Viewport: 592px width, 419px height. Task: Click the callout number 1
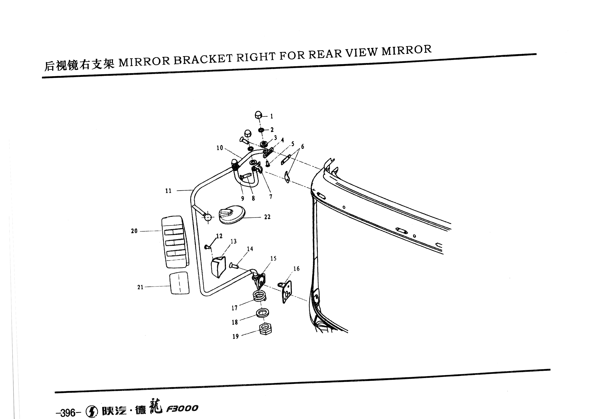[271, 116]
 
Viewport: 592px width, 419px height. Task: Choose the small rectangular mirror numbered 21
[179, 283]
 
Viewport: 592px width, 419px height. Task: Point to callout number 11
[168, 191]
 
